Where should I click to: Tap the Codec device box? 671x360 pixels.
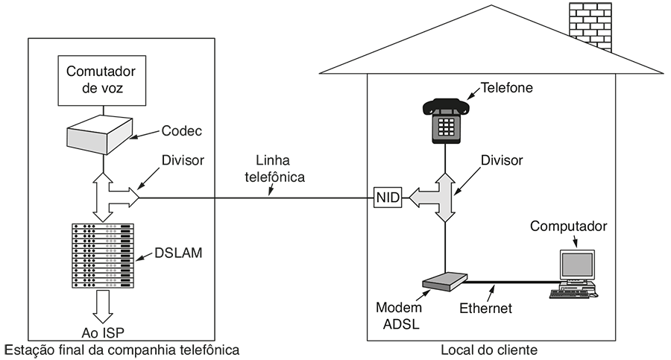[99, 136]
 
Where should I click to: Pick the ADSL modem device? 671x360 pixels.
[444, 282]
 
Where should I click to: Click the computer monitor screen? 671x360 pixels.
[577, 265]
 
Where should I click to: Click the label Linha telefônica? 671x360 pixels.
[274, 169]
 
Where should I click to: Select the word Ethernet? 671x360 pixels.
[485, 308]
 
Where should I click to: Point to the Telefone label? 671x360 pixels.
[507, 87]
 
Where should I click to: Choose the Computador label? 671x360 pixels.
[568, 226]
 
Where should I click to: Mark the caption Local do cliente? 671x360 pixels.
[488, 349]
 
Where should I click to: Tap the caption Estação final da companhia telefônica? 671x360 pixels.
[123, 349]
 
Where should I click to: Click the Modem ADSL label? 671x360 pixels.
[399, 315]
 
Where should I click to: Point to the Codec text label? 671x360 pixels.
[182, 131]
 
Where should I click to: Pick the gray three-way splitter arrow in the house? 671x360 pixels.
[444, 198]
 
